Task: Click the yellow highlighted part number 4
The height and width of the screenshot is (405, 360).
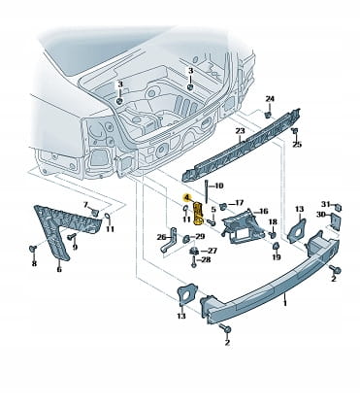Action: coord(187,197)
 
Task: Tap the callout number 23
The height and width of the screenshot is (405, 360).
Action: coord(240,131)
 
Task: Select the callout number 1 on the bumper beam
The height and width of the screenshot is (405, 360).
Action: coord(285,303)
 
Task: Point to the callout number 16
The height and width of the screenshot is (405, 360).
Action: coord(264,212)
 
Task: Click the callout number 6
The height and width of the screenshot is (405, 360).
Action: coord(59,269)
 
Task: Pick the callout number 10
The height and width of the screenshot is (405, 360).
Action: coord(219,186)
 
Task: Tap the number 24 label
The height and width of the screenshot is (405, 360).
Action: coord(270,99)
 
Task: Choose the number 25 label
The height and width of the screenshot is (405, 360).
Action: coord(297,145)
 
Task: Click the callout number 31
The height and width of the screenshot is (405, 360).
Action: coord(325,204)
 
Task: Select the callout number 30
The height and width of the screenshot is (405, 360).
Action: coord(321,215)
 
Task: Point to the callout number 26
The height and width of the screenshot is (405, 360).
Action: coord(161,237)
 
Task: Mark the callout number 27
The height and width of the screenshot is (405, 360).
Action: coord(213,251)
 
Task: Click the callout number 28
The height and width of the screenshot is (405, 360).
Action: coord(206,259)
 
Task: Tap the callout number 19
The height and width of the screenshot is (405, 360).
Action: coord(277,257)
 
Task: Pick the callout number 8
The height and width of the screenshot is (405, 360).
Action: coord(34,263)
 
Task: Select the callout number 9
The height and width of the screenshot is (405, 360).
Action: coord(75,248)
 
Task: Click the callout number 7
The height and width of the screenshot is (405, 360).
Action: coord(85,205)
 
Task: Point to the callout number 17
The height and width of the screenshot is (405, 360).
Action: coord(239,203)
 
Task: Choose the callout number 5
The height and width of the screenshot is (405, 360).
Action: coord(213,210)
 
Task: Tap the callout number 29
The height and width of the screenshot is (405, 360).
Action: coord(200,237)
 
